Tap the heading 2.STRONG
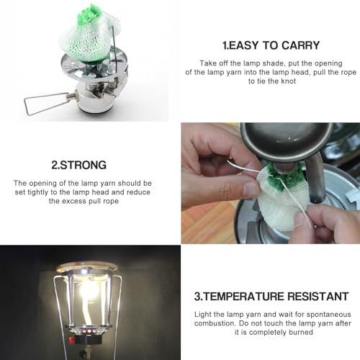click(80, 164)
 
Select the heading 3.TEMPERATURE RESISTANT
click(270, 295)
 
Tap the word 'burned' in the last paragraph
click(300, 333)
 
